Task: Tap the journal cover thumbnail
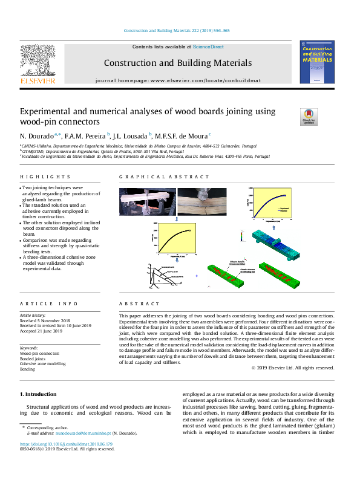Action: click(316, 62)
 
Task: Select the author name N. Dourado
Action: click(37, 135)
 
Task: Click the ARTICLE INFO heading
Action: click(41, 303)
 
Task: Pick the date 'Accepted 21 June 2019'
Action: click(41, 331)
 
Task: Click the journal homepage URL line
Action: click(177, 80)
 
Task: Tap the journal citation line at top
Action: click(177, 31)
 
